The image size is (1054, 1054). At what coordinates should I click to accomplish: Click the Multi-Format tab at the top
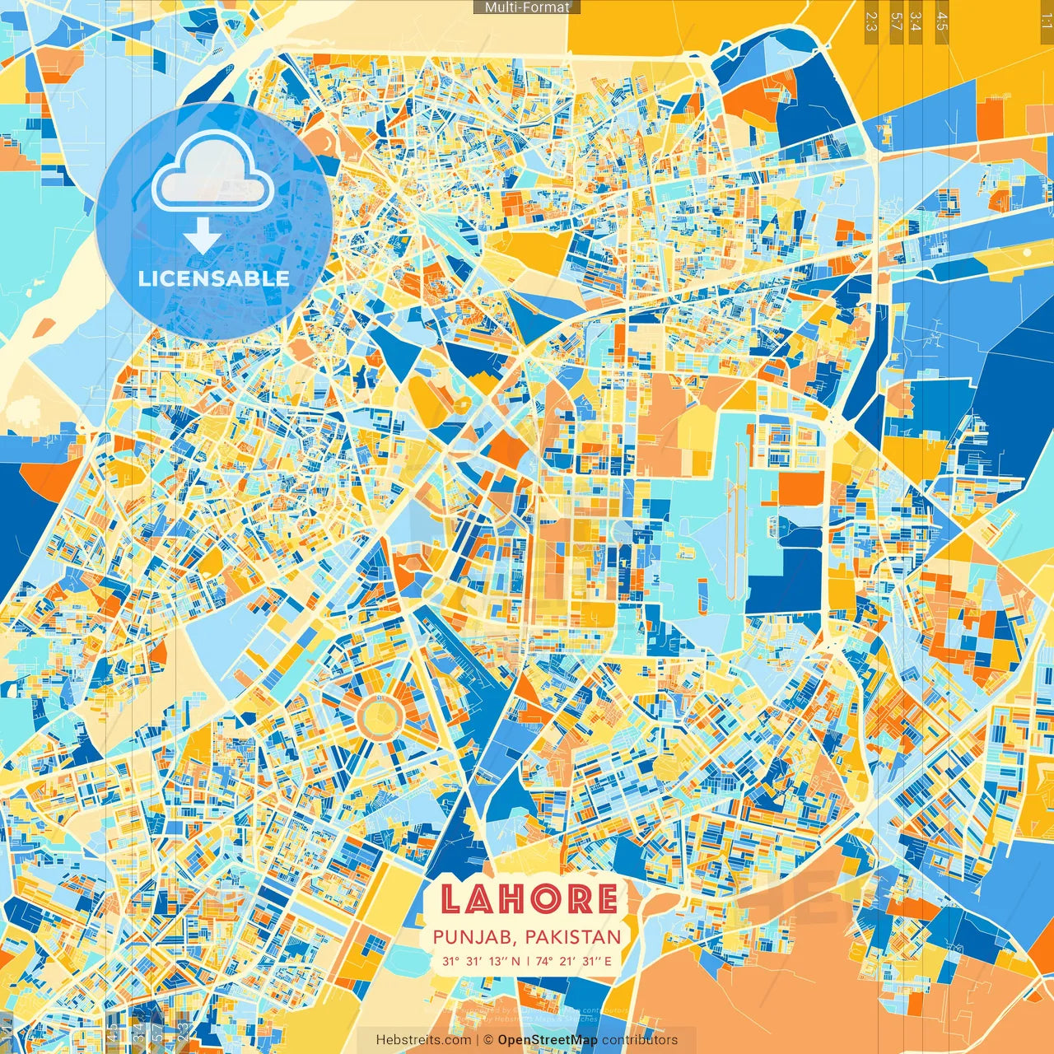[x=527, y=7]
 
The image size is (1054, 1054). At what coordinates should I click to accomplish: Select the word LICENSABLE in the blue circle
[x=213, y=278]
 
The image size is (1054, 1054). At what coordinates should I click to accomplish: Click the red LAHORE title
[x=528, y=899]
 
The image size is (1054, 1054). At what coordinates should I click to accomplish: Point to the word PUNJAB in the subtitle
[x=475, y=937]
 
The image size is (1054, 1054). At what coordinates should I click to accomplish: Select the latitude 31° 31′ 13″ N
[x=481, y=961]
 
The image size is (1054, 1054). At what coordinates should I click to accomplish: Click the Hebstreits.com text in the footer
[x=424, y=1040]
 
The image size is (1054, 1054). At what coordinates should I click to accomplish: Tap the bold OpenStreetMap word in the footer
[x=548, y=1040]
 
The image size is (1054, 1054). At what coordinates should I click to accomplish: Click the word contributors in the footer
[x=640, y=1040]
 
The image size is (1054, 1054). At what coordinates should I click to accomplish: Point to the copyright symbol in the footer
[x=488, y=1040]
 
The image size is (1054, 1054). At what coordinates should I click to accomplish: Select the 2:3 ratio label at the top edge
[x=871, y=21]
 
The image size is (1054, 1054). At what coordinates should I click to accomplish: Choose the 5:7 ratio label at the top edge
[x=896, y=21]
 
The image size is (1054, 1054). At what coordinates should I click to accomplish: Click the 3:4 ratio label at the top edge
[x=916, y=21]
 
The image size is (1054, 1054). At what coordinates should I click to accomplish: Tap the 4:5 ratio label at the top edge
[x=942, y=21]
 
